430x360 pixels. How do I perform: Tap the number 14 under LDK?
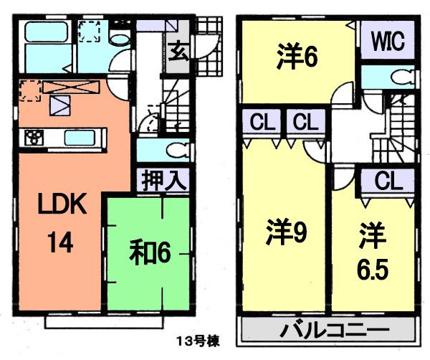[62, 244]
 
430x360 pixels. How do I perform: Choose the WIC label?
[387, 41]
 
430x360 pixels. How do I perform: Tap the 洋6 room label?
[297, 57]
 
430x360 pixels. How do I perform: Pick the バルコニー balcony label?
[329, 332]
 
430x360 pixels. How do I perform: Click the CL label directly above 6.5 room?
[387, 180]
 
